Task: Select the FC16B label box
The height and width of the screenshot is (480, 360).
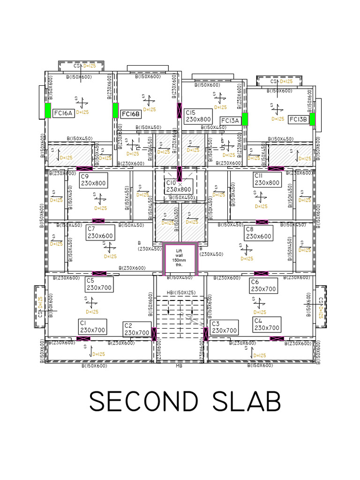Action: pyautogui.click(x=130, y=114)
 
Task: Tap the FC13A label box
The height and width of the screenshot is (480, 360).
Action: pyautogui.click(x=230, y=120)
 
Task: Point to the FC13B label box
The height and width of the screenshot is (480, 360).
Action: pyautogui.click(x=298, y=119)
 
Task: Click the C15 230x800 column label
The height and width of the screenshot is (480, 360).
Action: pyautogui.click(x=198, y=116)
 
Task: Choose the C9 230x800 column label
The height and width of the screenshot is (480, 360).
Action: pyautogui.click(x=93, y=180)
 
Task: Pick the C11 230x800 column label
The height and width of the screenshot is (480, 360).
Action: pyautogui.click(x=267, y=180)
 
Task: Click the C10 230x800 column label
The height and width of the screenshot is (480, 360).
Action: pyautogui.click(x=179, y=187)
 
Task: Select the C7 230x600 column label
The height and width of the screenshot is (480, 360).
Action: pyautogui.click(x=100, y=232)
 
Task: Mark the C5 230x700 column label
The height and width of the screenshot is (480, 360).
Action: pyautogui.click(x=98, y=284)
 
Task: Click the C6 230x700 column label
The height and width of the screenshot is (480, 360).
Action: pyautogui.click(x=263, y=285)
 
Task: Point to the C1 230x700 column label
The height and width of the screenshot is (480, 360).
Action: pyautogui.click(x=92, y=327)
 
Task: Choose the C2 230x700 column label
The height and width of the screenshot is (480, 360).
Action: pyautogui.click(x=136, y=329)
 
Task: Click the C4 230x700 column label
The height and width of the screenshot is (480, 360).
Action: pyautogui.click(x=266, y=324)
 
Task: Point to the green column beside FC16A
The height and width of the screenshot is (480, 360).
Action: pyautogui.click(x=47, y=111)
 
